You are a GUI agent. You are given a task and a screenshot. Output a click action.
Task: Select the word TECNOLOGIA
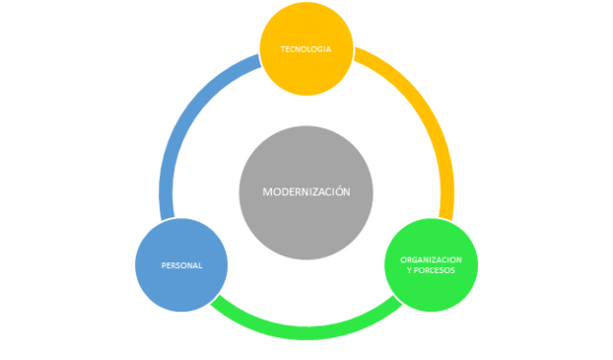tap(306, 49)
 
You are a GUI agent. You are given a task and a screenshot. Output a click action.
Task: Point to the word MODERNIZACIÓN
tap(306, 191)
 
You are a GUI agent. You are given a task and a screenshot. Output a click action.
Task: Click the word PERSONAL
tap(182, 265)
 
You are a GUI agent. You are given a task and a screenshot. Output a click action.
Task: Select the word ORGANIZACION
tap(431, 259)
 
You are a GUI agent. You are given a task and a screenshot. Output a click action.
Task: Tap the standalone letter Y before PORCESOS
tap(409, 270)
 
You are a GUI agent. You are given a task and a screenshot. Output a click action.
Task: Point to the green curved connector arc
tap(306, 330)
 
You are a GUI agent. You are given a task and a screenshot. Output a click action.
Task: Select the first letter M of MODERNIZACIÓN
tap(267, 191)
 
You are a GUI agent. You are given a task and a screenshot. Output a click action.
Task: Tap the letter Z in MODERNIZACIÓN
tap(312, 191)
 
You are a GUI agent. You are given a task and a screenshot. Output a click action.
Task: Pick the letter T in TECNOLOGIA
tap(283, 49)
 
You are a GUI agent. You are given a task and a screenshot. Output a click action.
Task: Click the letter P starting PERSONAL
tap(164, 265)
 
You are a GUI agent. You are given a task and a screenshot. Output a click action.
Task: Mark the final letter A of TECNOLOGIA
tap(329, 49)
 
